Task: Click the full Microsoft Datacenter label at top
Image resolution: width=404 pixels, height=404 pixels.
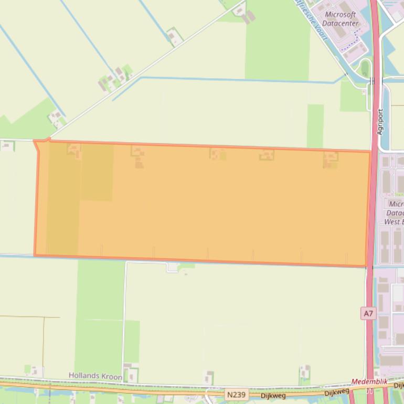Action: (x=340, y=19)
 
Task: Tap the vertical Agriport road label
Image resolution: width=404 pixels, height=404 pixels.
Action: (x=380, y=122)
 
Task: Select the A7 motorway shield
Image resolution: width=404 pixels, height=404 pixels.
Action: (x=368, y=314)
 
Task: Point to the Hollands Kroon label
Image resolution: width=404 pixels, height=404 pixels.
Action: (x=95, y=376)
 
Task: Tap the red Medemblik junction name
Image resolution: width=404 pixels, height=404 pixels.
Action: (x=370, y=382)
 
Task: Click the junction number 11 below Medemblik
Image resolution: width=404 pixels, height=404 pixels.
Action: (x=370, y=390)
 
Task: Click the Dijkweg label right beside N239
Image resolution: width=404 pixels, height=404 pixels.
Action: (x=273, y=395)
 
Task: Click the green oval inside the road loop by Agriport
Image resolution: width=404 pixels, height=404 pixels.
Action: (x=365, y=69)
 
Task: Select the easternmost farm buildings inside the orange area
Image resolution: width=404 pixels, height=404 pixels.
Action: (x=331, y=159)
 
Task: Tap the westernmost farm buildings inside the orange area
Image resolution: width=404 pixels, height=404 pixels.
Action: (x=74, y=151)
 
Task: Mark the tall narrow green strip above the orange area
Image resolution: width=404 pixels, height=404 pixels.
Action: (x=315, y=126)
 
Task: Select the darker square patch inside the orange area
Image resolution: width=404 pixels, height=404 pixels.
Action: (x=97, y=172)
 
